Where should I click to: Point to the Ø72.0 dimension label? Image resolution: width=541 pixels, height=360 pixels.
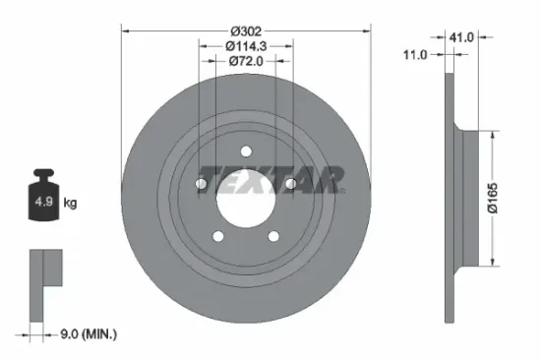246,61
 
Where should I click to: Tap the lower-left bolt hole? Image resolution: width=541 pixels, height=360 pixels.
217,236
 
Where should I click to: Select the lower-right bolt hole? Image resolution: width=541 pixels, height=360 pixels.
273,236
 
